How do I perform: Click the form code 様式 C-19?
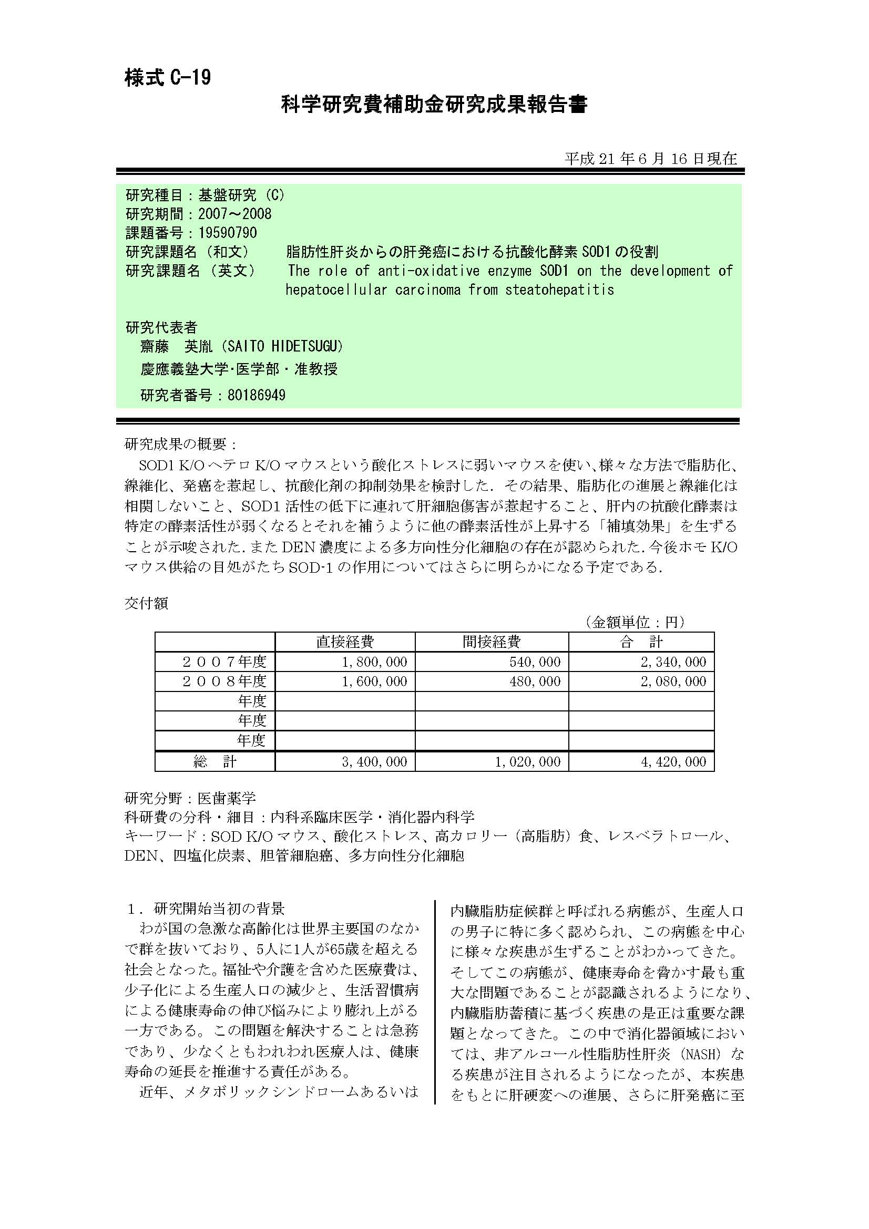168,78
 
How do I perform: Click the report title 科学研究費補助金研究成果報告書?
434,105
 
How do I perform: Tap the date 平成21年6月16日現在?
650,159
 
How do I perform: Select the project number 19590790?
228,233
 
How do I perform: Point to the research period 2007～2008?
234,214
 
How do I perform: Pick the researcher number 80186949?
257,396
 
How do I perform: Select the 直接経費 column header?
345,642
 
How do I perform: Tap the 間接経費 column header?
492,642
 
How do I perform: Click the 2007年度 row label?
224,662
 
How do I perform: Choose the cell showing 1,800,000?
374,662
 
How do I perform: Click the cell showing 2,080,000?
673,681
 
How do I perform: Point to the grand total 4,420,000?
673,762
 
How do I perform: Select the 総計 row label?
214,762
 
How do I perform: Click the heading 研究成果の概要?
180,444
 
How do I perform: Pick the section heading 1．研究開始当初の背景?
206,908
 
